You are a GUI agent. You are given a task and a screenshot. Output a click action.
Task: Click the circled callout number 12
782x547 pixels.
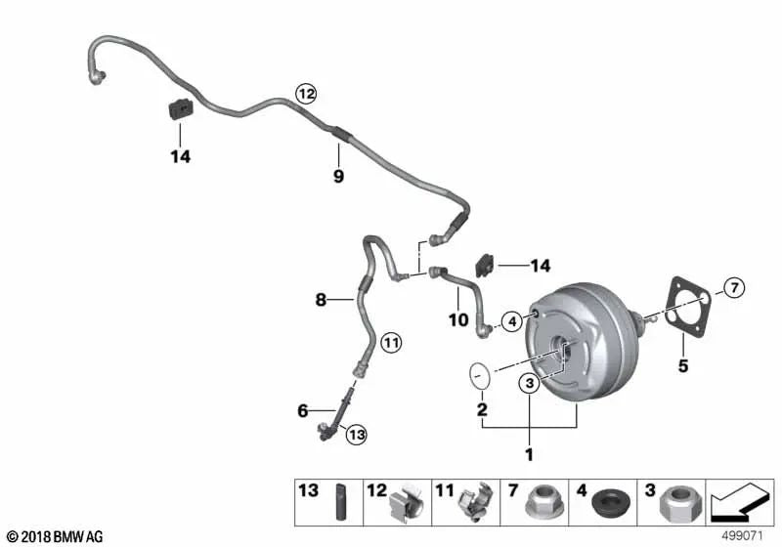point(307,94)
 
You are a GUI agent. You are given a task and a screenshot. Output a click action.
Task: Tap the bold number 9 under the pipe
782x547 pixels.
point(338,177)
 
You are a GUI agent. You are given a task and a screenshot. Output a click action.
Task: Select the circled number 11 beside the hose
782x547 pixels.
point(391,342)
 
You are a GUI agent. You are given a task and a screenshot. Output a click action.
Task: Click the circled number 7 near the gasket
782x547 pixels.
point(734,287)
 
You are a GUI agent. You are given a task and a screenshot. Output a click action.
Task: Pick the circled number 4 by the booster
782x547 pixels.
point(510,320)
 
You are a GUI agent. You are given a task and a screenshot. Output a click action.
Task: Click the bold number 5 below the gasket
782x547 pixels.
point(683,366)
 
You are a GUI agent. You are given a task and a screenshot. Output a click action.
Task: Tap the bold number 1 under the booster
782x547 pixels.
point(529,454)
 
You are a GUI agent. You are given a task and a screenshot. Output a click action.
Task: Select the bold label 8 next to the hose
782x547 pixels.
point(321,301)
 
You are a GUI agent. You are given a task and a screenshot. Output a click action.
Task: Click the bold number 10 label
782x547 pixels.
point(458,318)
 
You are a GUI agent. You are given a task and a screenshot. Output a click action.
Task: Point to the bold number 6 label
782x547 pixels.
point(303,411)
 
